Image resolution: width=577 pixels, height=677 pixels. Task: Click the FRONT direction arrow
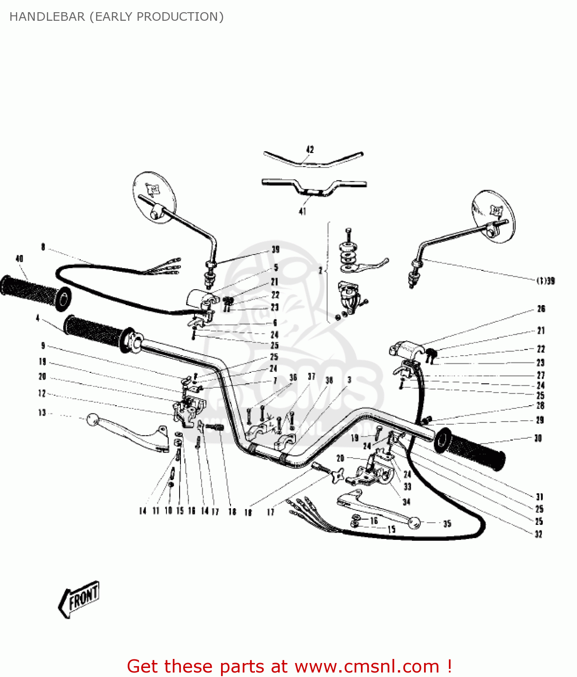click(79, 599)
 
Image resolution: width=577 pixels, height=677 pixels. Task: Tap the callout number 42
click(310, 149)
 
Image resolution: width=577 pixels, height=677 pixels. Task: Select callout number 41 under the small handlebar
click(302, 211)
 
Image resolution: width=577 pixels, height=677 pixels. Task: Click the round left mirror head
click(155, 197)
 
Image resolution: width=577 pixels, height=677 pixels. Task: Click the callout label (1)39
click(545, 281)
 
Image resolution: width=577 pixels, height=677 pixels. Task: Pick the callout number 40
click(19, 259)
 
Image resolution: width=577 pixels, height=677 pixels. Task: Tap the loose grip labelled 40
click(35, 293)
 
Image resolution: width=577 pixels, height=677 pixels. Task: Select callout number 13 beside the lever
click(42, 413)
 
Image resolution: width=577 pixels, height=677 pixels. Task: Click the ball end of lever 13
click(92, 420)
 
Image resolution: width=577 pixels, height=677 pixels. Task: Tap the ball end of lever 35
click(414, 523)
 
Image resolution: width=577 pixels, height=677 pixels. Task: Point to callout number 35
click(447, 524)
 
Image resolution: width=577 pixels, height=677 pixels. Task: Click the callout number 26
click(541, 309)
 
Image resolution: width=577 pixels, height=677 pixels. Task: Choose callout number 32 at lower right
click(538, 534)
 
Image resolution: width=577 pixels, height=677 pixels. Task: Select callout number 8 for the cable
click(43, 247)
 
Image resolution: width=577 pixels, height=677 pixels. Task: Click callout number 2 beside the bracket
click(320, 270)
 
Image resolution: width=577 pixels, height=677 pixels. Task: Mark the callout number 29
click(540, 420)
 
